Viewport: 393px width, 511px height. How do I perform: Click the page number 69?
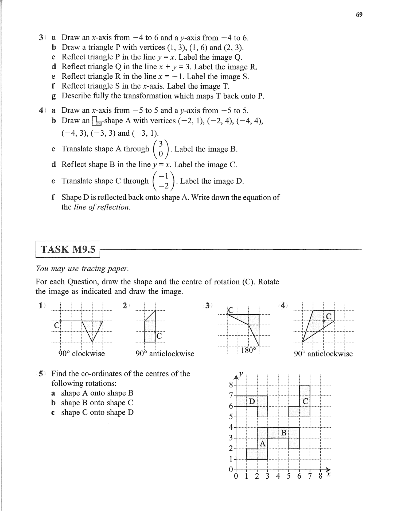(x=359, y=15)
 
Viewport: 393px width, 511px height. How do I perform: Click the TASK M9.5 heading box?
(x=68, y=249)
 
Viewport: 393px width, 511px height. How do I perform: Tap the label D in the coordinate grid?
(x=252, y=401)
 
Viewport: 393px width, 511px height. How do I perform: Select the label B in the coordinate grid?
(x=284, y=433)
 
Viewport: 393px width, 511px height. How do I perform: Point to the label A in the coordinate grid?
(x=263, y=444)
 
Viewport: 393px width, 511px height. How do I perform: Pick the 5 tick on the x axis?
(x=289, y=476)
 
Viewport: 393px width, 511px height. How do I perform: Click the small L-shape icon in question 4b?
(x=97, y=121)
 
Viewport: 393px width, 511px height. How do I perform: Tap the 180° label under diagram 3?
(x=248, y=350)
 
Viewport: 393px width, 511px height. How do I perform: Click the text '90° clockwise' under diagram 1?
(x=81, y=354)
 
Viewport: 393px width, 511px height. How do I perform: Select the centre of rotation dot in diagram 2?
(x=155, y=331)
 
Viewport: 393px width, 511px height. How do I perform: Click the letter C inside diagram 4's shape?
(x=329, y=316)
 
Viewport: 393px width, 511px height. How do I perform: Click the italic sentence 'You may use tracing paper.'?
(x=82, y=268)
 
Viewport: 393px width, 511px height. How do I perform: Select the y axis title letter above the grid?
(x=241, y=373)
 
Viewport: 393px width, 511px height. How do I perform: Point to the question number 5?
(x=41, y=373)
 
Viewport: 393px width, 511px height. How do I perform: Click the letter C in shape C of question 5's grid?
(x=305, y=401)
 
